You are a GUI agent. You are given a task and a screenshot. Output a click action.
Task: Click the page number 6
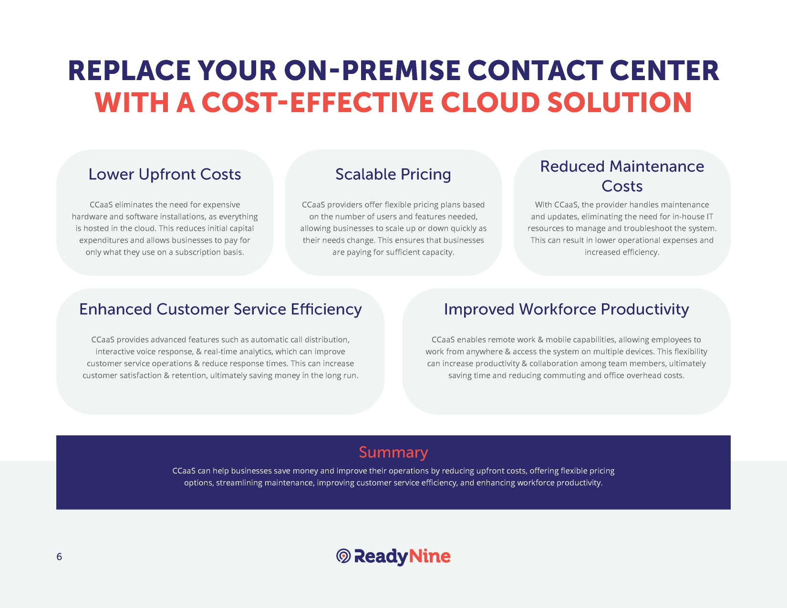click(x=60, y=556)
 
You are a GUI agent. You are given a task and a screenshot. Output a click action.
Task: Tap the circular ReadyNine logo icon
click(x=343, y=556)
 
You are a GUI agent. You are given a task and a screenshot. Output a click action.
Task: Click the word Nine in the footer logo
click(x=430, y=556)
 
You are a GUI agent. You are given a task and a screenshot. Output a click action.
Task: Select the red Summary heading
click(x=393, y=452)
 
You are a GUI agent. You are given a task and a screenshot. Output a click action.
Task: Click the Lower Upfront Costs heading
click(x=165, y=174)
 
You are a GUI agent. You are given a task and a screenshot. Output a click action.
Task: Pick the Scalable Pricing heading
click(x=393, y=175)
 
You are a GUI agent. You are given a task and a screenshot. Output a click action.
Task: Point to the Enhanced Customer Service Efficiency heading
click(x=220, y=309)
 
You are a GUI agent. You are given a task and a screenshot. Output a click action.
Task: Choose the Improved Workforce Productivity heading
click(x=567, y=309)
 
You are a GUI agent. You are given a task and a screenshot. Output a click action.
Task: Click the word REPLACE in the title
click(x=129, y=71)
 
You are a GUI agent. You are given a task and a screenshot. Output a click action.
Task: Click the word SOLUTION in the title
click(x=620, y=103)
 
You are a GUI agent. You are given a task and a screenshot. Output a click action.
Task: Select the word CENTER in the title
click(x=664, y=71)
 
